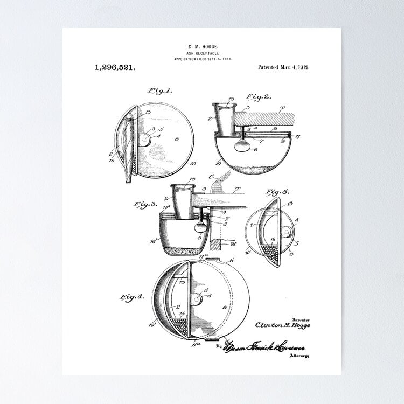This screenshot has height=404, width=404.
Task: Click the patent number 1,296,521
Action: [115, 67]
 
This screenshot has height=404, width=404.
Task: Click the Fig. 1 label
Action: [159, 90]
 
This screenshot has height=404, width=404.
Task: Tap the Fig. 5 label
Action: [278, 192]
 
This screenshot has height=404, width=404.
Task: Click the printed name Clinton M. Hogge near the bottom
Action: [283, 325]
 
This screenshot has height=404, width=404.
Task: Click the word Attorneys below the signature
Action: [299, 356]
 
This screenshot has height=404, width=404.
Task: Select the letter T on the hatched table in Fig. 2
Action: [281, 108]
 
